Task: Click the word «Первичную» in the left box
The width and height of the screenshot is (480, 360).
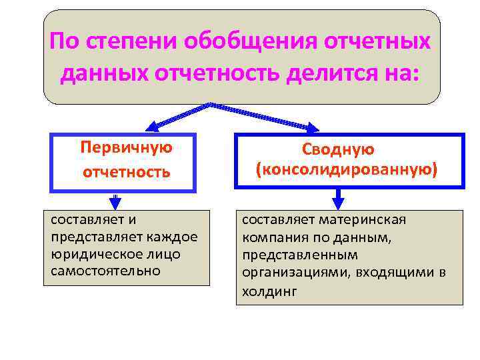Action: pyautogui.click(x=126, y=147)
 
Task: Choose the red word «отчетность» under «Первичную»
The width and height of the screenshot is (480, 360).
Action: pyautogui.click(x=127, y=172)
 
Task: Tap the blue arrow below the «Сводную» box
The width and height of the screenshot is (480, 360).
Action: pyautogui.click(x=338, y=199)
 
